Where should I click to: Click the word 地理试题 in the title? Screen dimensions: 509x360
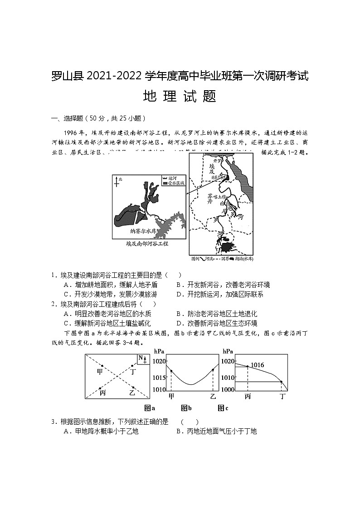pos(180,97)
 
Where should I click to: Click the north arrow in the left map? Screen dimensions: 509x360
pos(117,183)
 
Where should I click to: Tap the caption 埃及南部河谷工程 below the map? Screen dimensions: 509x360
pos(147,243)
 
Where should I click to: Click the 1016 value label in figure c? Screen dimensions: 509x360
pos(257,365)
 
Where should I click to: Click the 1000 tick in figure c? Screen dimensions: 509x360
pos(228,389)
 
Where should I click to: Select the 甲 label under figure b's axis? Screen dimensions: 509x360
pos(171,396)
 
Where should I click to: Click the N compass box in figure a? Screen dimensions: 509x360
pos(142,359)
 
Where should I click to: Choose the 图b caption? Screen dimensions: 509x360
pos(186,408)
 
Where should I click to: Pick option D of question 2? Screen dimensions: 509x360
pos(216,323)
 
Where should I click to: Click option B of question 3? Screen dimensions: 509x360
pos(216,431)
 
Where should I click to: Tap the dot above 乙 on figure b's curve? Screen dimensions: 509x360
pos(213,370)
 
